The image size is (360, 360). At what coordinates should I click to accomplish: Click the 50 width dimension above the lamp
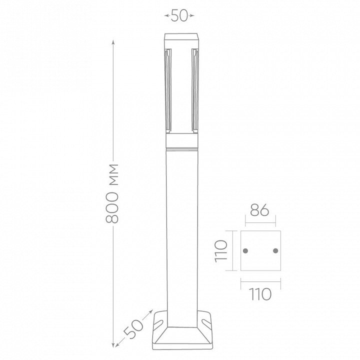click(179, 15)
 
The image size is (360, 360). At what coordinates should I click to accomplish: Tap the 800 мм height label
click(112, 193)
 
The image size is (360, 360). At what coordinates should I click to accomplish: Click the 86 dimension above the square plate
click(259, 210)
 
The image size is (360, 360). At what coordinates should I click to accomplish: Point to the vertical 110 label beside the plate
click(221, 251)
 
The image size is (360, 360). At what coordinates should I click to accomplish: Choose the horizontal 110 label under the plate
click(260, 294)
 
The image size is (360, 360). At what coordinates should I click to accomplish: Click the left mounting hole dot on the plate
click(245, 250)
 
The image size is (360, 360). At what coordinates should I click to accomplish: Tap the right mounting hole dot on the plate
click(275, 250)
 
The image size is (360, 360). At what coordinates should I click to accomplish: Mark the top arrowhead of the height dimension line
click(112, 42)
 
